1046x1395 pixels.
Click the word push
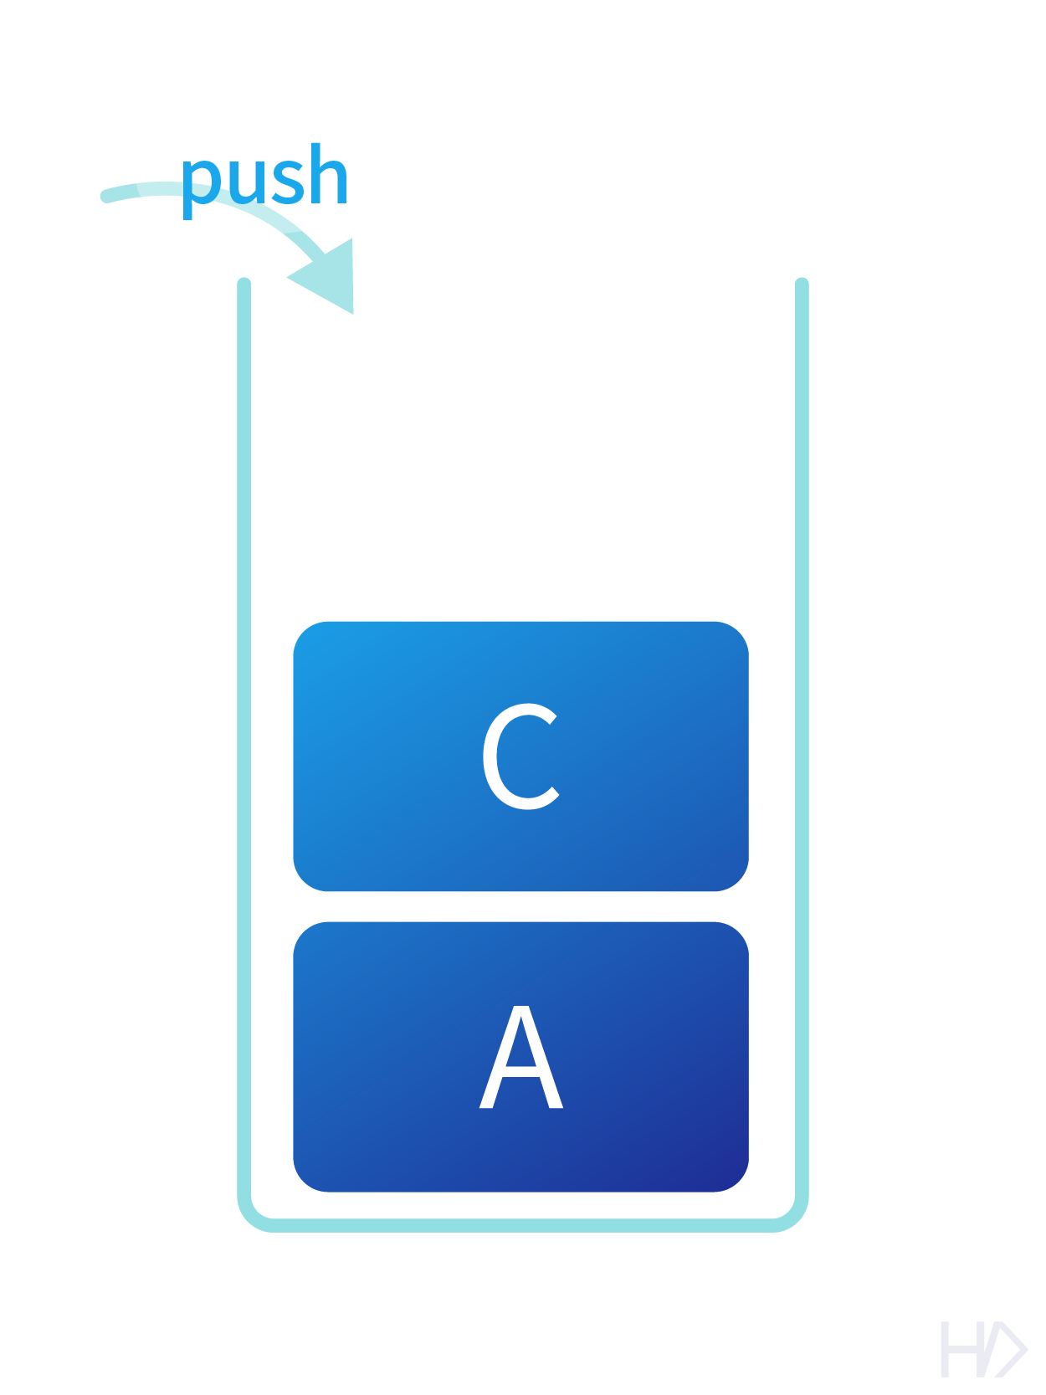point(264,177)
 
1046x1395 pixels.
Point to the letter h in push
point(326,176)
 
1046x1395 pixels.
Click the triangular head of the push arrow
point(330,277)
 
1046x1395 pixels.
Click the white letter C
point(520,756)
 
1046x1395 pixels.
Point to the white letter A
point(520,1058)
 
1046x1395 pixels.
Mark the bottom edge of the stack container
point(522,1225)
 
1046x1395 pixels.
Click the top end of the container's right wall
point(802,285)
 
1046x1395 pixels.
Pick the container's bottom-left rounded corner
point(252,1216)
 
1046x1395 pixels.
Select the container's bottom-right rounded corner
point(794,1216)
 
